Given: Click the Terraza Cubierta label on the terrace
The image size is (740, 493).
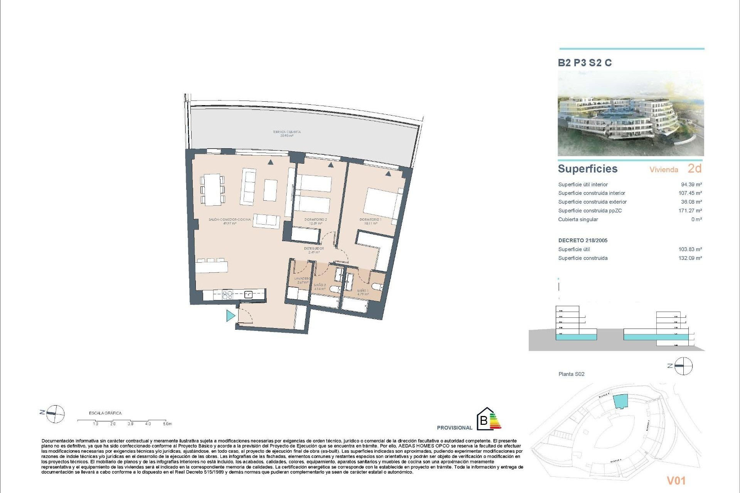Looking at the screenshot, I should coord(287,134).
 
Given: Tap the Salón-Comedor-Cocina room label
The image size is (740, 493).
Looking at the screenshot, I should coord(229,221).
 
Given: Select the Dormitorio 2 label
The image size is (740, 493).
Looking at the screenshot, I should coord(315,221).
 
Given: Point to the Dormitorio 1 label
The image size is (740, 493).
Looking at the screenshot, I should coord(370,221).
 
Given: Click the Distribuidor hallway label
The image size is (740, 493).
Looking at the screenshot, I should coord(314,250).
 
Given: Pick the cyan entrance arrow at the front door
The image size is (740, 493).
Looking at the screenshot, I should coord(230,316).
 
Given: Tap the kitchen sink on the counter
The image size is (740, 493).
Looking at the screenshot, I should coord(249,295).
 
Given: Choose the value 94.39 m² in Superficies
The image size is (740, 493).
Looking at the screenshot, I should coord(691,184).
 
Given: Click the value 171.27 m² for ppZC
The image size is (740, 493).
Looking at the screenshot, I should coord(690,211).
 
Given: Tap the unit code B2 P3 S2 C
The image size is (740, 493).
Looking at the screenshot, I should coord(585,63).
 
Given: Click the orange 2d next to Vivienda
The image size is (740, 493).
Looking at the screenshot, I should coord(695,169).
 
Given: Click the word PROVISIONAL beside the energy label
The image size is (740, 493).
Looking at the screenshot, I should coord(454,428).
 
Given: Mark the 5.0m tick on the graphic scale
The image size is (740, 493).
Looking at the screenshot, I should coord(167,424).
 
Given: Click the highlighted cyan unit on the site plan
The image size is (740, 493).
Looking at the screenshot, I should coord(620,401).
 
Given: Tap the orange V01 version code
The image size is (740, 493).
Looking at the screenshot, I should coord(676,480).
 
